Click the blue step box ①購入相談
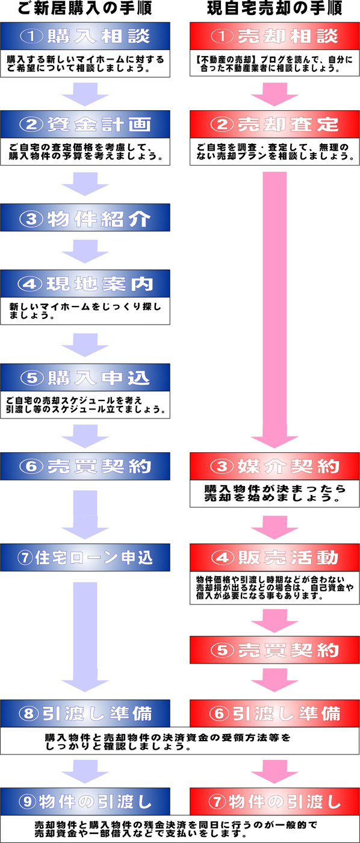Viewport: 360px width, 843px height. [85, 36]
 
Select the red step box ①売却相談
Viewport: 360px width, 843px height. [275, 36]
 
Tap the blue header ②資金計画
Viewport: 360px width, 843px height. [85, 124]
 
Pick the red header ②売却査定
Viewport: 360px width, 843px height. [275, 124]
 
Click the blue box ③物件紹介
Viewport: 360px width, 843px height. [85, 217]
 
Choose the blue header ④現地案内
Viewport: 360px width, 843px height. [85, 284]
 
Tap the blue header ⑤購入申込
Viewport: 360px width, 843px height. [85, 378]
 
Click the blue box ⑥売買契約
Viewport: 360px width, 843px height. [85, 466]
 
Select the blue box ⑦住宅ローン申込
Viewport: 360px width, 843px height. [85, 558]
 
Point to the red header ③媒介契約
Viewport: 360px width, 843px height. [275, 466]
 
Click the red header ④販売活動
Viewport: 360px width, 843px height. [275, 558]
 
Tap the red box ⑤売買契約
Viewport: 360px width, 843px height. [275, 650]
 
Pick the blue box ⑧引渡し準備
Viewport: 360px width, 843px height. [85, 714]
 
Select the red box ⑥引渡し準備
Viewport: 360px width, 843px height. [275, 714]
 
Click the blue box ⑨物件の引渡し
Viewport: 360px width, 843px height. [85, 801]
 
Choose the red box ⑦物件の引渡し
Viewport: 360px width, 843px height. [275, 801]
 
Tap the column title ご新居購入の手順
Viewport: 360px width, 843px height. [85, 8]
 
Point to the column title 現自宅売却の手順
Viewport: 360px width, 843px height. [275, 8]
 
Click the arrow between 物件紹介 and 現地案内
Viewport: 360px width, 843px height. [85, 252]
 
